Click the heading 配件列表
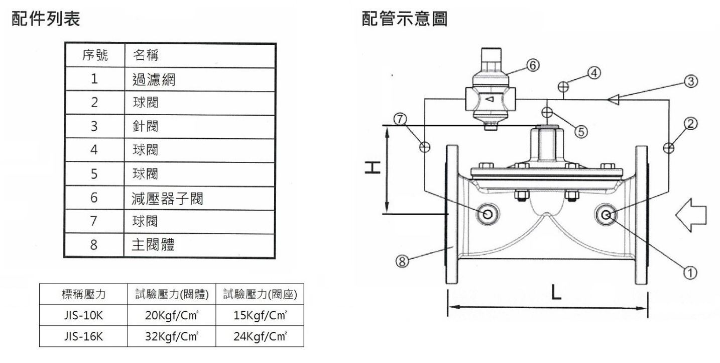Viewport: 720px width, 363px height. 45,19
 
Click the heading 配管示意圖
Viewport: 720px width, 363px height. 404,19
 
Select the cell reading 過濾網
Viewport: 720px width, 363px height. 154,79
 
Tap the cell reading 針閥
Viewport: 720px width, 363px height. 145,126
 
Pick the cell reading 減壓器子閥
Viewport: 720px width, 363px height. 168,198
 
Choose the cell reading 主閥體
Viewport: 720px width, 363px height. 154,245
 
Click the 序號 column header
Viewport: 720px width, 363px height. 94,55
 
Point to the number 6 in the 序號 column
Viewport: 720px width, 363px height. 94,198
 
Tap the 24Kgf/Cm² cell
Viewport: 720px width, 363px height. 260,336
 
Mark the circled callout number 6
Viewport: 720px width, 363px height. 533,64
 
